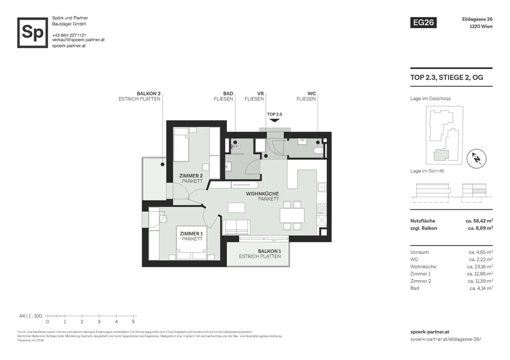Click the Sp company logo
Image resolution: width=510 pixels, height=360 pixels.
coord(33,33)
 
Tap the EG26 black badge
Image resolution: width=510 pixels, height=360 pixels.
coord(423,23)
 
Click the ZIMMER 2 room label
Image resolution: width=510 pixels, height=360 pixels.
coord(191,176)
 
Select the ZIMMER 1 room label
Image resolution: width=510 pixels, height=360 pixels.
coord(191,234)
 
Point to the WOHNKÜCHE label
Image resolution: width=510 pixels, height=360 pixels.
coord(262,194)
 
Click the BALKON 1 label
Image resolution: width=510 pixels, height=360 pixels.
coord(269,251)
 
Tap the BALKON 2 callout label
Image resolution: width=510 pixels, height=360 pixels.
coord(148,94)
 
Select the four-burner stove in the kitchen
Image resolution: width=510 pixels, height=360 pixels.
coord(321,208)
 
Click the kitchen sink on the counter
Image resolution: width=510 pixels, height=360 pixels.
coord(321,187)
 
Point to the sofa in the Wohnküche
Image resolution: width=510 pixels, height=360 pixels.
coord(236,227)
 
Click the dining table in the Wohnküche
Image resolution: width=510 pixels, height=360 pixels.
coord(292,215)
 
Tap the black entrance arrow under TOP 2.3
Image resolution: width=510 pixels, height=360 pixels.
coord(274,120)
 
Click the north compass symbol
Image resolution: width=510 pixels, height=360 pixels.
coord(476,159)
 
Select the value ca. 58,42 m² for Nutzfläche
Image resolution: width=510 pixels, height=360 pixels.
coord(479,221)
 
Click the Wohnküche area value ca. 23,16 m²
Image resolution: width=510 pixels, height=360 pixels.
coord(480,266)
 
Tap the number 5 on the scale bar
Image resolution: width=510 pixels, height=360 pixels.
coord(133,322)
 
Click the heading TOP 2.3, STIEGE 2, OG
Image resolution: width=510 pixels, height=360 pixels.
coord(447,77)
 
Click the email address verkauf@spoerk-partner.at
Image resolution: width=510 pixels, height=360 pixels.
coord(78,40)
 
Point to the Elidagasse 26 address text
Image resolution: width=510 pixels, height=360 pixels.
coord(477,19)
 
